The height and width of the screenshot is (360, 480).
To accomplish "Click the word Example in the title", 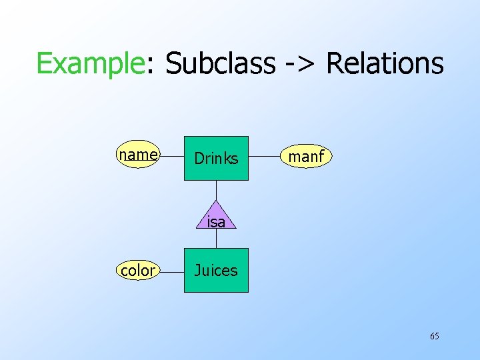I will coord(90,64).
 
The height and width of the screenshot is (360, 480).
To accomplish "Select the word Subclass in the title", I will coord(219,64).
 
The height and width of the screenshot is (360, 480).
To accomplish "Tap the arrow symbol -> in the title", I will coord(299,64).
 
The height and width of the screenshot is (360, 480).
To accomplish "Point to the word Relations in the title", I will coord(385,64).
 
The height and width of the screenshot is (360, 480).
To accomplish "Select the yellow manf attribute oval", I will coord(306,157).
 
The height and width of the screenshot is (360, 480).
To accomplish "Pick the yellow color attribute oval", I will coord(137,270).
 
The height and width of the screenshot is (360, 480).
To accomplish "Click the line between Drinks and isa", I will coord(216,190).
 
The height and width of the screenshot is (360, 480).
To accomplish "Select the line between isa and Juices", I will coord(216,238).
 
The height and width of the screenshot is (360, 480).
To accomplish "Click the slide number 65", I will coord(434,336).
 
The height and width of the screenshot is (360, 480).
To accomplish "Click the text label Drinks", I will coord(216,159).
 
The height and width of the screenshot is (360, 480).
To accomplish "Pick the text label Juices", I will coord(216,270).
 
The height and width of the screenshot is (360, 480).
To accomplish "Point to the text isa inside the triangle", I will coord(216,222).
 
